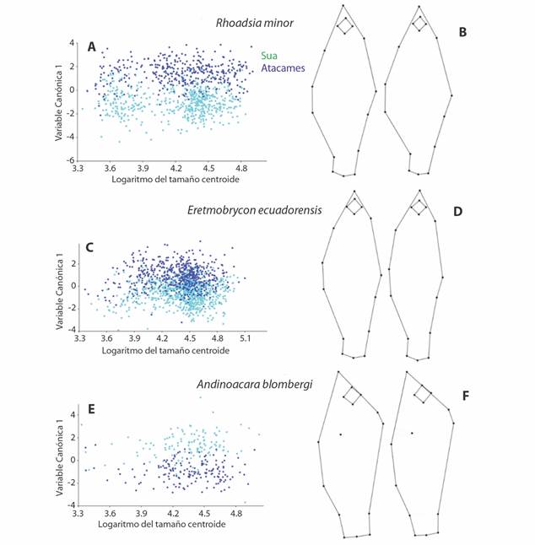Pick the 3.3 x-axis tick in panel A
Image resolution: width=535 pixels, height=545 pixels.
(x=79, y=168)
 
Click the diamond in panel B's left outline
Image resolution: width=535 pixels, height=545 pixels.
(x=345, y=27)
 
